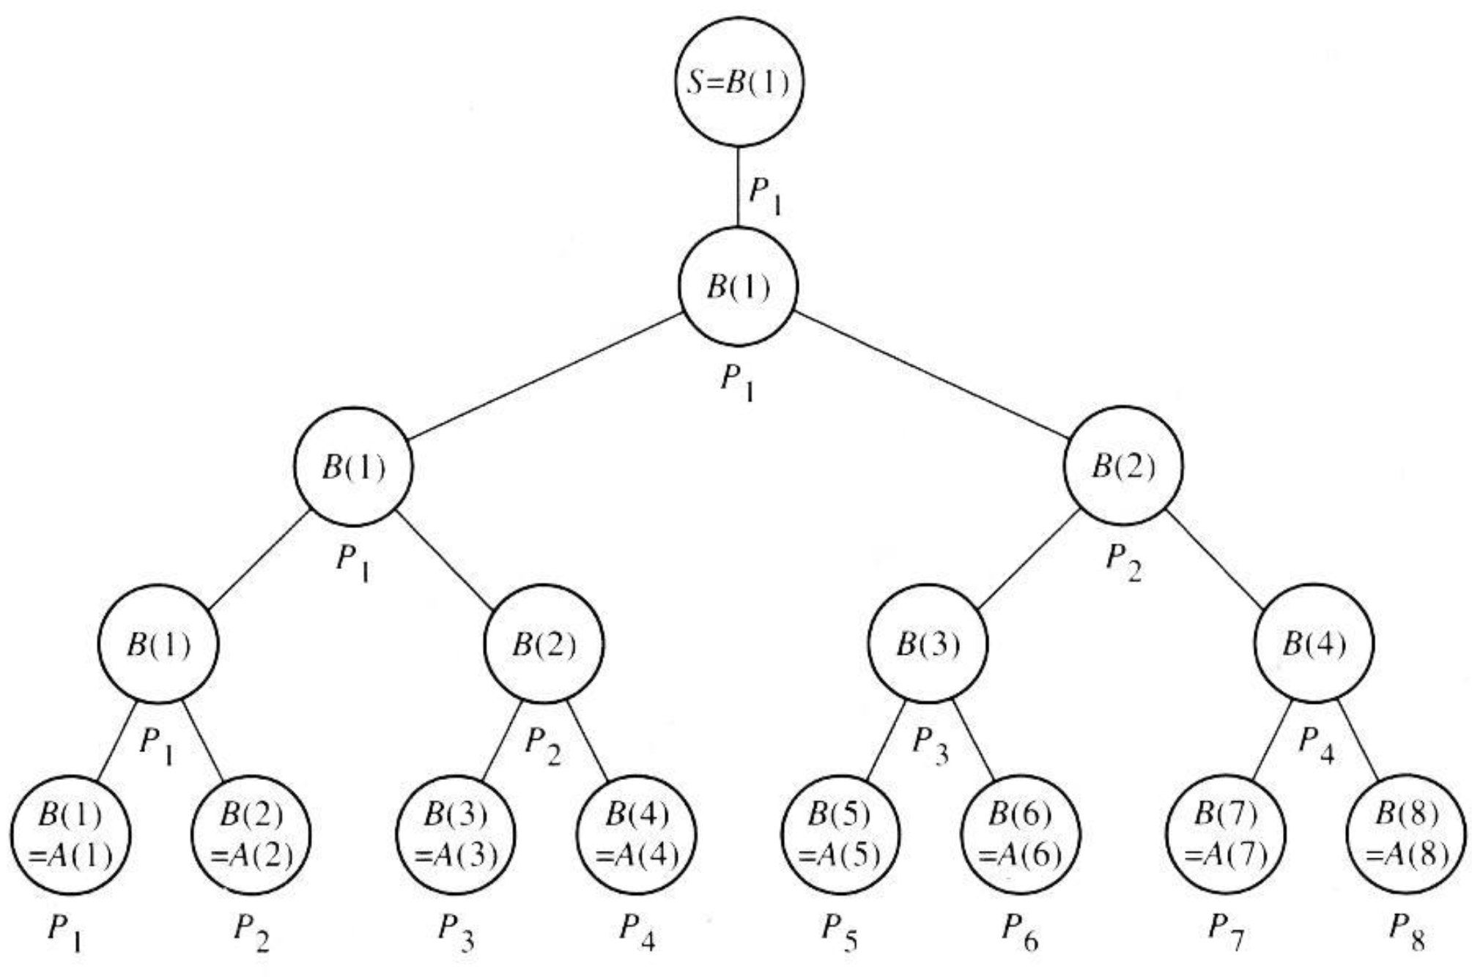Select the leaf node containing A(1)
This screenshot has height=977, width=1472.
click(x=71, y=836)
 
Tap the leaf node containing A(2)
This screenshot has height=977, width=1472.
click(x=251, y=836)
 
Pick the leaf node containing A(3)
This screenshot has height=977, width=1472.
click(x=456, y=836)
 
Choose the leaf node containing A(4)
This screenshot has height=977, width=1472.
click(x=636, y=836)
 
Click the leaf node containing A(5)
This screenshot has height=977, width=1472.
click(x=840, y=836)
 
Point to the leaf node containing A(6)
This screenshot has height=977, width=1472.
click(x=1021, y=836)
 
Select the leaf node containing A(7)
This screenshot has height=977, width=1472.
click(x=1225, y=836)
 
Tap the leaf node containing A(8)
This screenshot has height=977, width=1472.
click(x=1406, y=836)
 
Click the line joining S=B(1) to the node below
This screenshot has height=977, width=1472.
click(x=738, y=186)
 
